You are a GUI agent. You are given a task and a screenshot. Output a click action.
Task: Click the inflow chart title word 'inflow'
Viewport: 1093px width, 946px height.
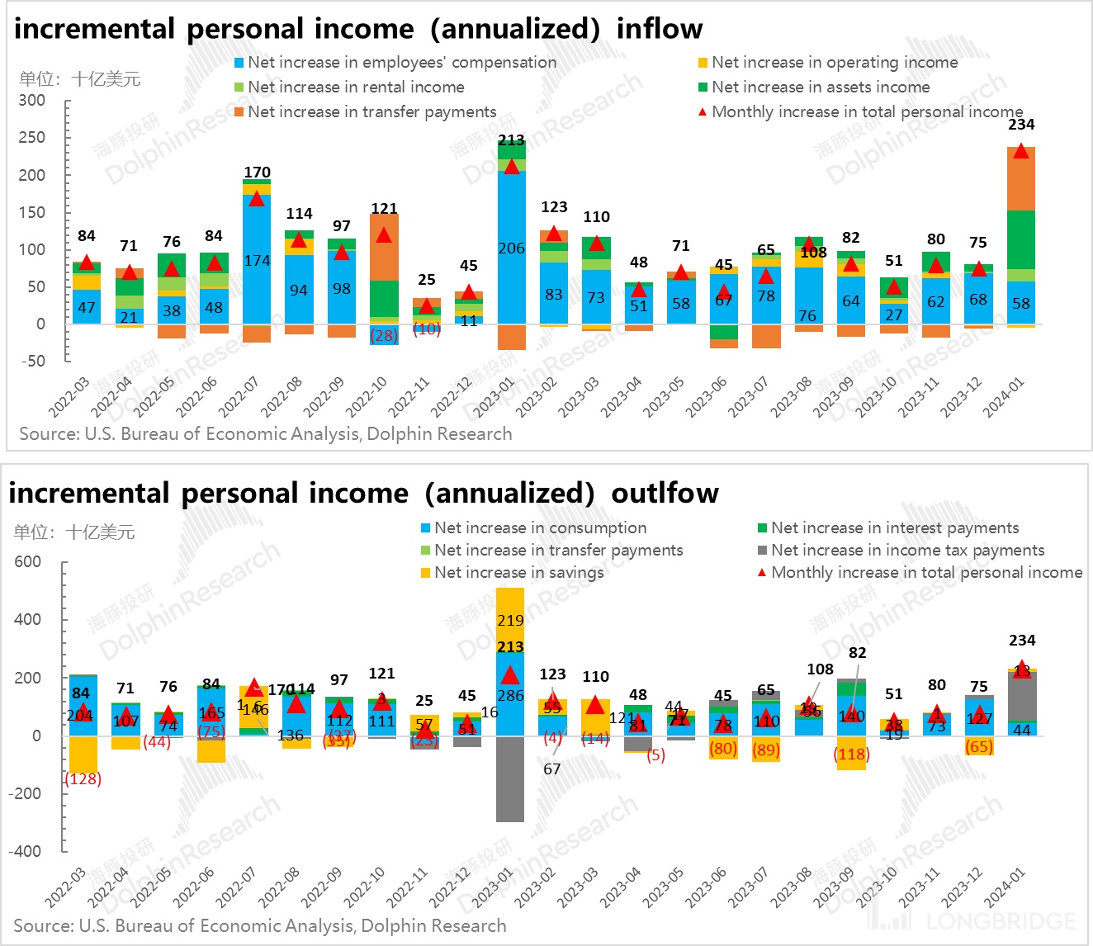coord(659,29)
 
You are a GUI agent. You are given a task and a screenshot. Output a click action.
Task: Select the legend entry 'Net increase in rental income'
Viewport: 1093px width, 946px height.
coord(356,87)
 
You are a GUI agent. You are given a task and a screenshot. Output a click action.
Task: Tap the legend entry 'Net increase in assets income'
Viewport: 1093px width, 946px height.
coord(820,87)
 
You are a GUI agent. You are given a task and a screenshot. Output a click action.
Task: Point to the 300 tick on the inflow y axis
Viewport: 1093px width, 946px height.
coord(32,101)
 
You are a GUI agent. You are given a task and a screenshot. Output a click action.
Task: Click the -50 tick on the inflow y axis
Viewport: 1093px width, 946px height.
coord(32,361)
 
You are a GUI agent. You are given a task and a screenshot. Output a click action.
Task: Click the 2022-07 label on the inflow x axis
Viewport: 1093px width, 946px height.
coord(237,397)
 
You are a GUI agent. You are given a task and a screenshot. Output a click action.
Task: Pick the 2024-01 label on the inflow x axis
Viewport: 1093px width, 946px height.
coord(1004,397)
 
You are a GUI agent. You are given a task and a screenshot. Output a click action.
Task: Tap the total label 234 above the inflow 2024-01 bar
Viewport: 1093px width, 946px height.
coord(1021,125)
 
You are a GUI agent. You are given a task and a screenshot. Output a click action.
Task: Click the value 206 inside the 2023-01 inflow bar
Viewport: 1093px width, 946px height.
coord(511,248)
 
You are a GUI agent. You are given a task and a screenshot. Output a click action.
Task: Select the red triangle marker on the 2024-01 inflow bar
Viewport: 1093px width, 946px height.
coord(1021,151)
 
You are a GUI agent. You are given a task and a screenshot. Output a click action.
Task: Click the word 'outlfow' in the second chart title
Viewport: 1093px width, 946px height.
coord(665,494)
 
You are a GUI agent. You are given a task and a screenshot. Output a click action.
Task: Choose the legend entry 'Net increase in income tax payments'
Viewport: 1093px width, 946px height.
coord(907,550)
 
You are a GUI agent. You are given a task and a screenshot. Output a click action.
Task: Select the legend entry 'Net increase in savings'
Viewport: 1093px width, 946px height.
coord(518,572)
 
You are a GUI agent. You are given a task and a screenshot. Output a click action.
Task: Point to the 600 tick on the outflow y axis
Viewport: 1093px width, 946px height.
coord(27,562)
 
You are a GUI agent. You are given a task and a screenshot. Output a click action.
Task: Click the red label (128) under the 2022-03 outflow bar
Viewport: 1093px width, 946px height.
coord(83,778)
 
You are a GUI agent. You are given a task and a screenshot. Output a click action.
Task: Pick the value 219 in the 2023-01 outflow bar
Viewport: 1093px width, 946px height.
coord(510,620)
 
